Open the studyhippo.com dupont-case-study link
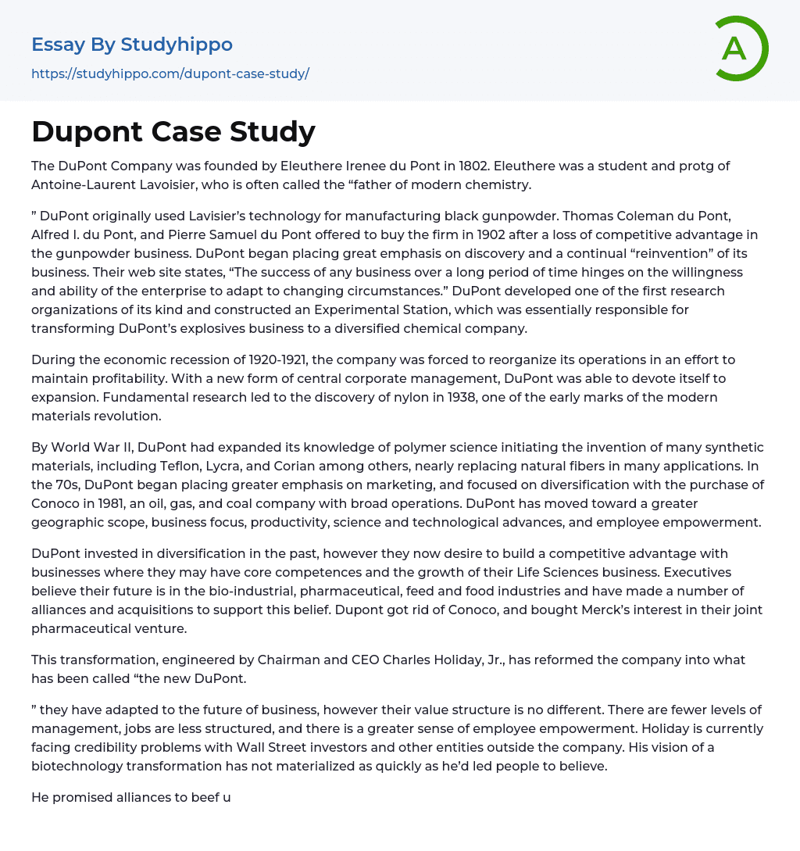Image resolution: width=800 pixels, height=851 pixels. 170,73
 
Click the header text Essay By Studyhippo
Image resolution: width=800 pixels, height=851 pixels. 132,45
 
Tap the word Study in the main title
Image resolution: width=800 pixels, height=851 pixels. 274,132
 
